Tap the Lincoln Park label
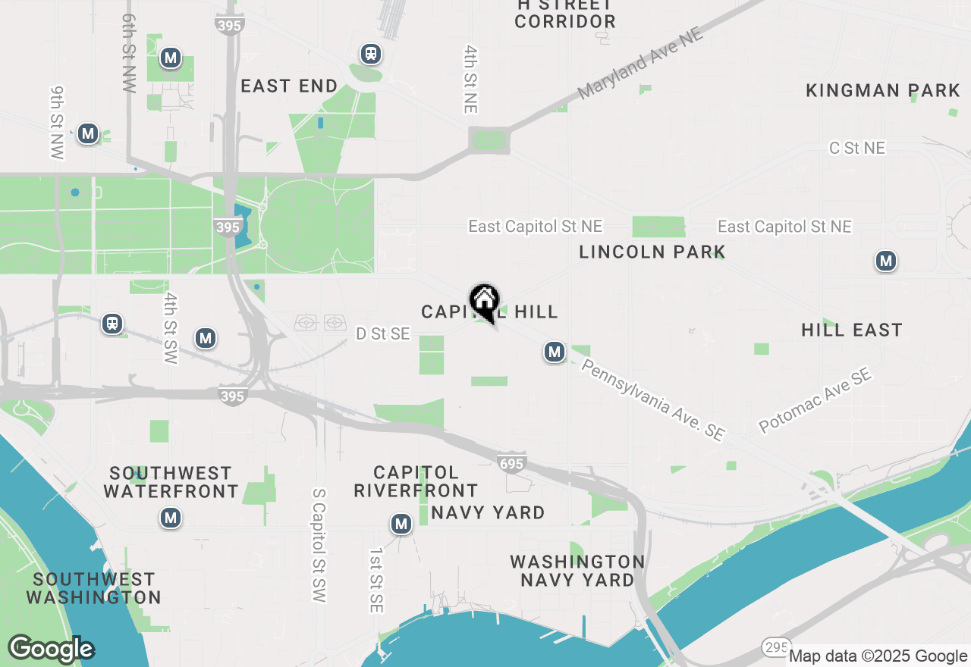[652, 252]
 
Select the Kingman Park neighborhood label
[883, 91]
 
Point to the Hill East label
[852, 330]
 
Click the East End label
[289, 86]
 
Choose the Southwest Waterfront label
[171, 482]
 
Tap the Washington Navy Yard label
[577, 571]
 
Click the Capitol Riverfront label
[416, 482]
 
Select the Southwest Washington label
[94, 588]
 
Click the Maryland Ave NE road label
[640, 65]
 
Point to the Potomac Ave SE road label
[815, 402]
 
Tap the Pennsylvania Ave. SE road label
[653, 400]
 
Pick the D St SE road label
[383, 333]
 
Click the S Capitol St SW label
[319, 545]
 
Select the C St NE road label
[857, 148]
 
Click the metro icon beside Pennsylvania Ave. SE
[555, 352]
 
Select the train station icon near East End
[371, 54]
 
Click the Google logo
[51, 649]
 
